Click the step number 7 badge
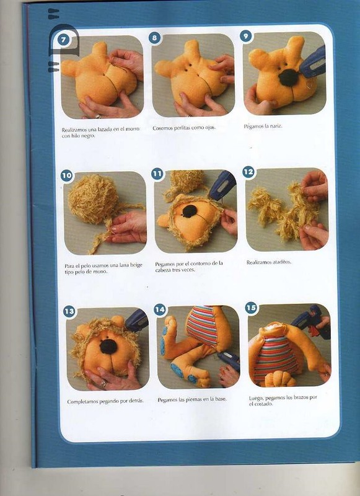click(x=64, y=40)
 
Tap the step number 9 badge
click(x=245, y=37)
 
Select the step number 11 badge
click(x=157, y=174)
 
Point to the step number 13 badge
click(x=69, y=311)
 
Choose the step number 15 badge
click(x=251, y=308)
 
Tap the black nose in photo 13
click(x=108, y=347)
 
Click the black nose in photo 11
click(x=190, y=211)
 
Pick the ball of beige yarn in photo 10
click(x=92, y=200)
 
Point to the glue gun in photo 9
click(x=314, y=61)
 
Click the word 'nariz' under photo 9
click(x=276, y=126)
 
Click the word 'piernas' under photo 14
click(x=194, y=399)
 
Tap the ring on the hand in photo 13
click(x=104, y=384)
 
